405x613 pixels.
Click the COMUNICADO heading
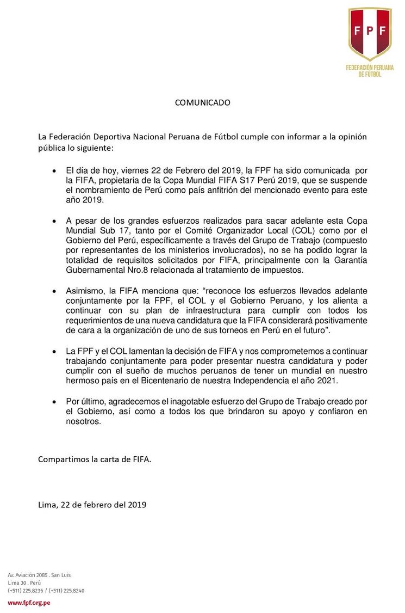point(202,102)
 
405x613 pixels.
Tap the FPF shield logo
point(370,34)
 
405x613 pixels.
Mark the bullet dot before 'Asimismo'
point(53,291)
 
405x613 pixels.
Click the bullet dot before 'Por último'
point(53,401)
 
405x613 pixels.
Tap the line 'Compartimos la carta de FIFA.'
point(95,459)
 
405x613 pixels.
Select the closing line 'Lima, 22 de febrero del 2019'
point(92,505)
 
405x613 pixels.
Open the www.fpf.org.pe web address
point(29,603)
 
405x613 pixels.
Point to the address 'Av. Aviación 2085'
point(27,575)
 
